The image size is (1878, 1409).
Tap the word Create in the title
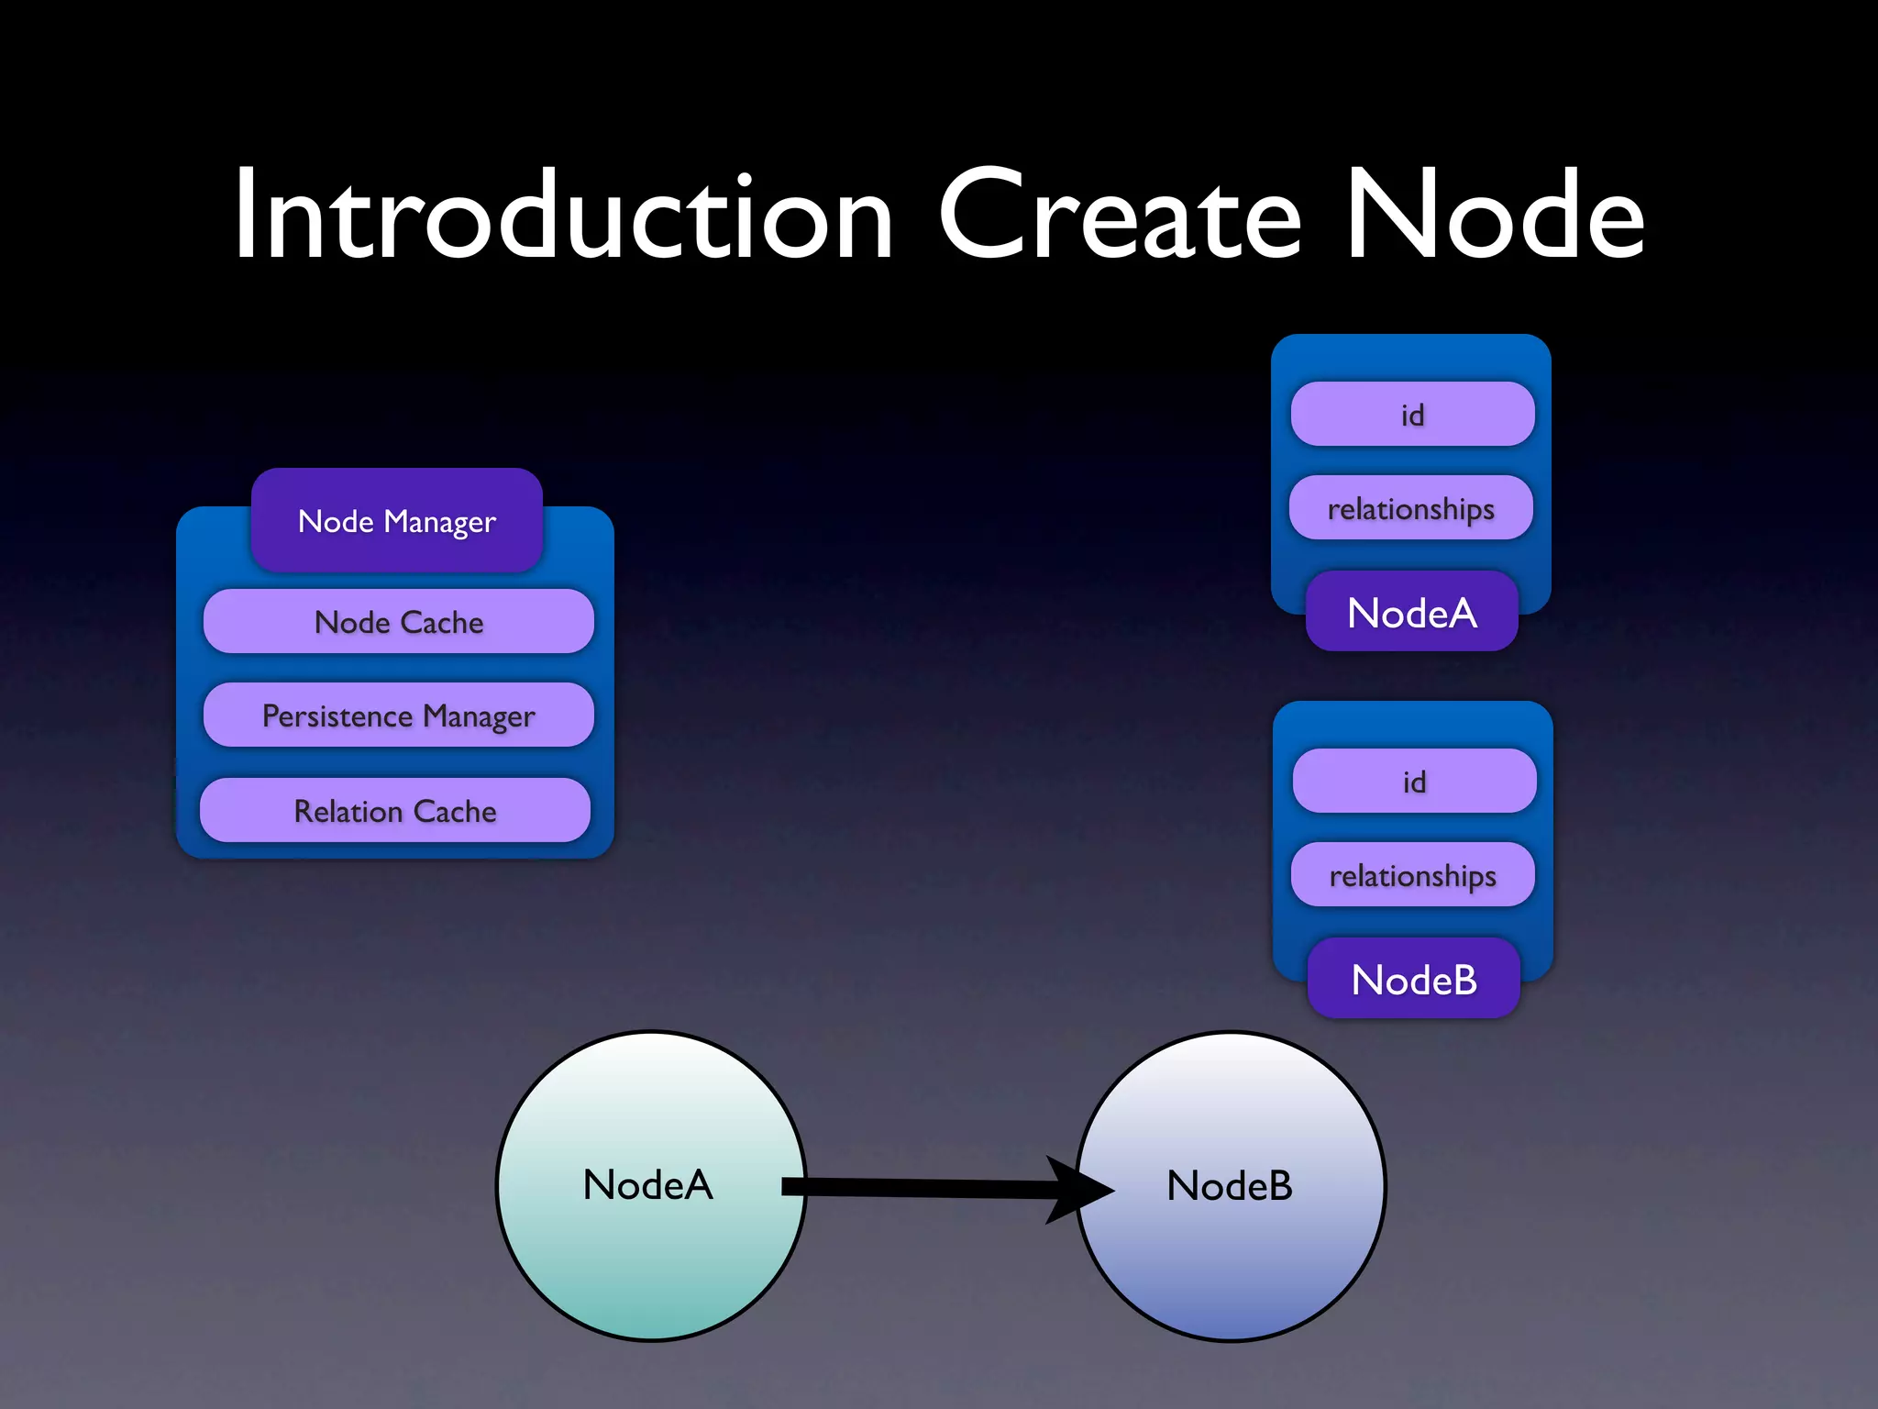1120,216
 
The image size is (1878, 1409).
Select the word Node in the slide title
1495,216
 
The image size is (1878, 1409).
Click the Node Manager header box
397,521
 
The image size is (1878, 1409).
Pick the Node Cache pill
399,622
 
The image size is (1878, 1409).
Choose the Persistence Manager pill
399,716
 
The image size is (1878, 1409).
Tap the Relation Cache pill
395,811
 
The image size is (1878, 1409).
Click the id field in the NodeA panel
1412,415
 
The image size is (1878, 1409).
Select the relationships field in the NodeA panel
1411,508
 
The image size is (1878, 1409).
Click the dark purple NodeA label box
1412,613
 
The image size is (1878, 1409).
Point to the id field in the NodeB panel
1414,782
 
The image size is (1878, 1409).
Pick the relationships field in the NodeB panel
1413,875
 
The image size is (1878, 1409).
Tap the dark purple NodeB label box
1414,980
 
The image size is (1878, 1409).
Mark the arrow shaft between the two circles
917,1188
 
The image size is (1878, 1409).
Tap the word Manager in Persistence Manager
479,716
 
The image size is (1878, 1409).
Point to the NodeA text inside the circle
647,1185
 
